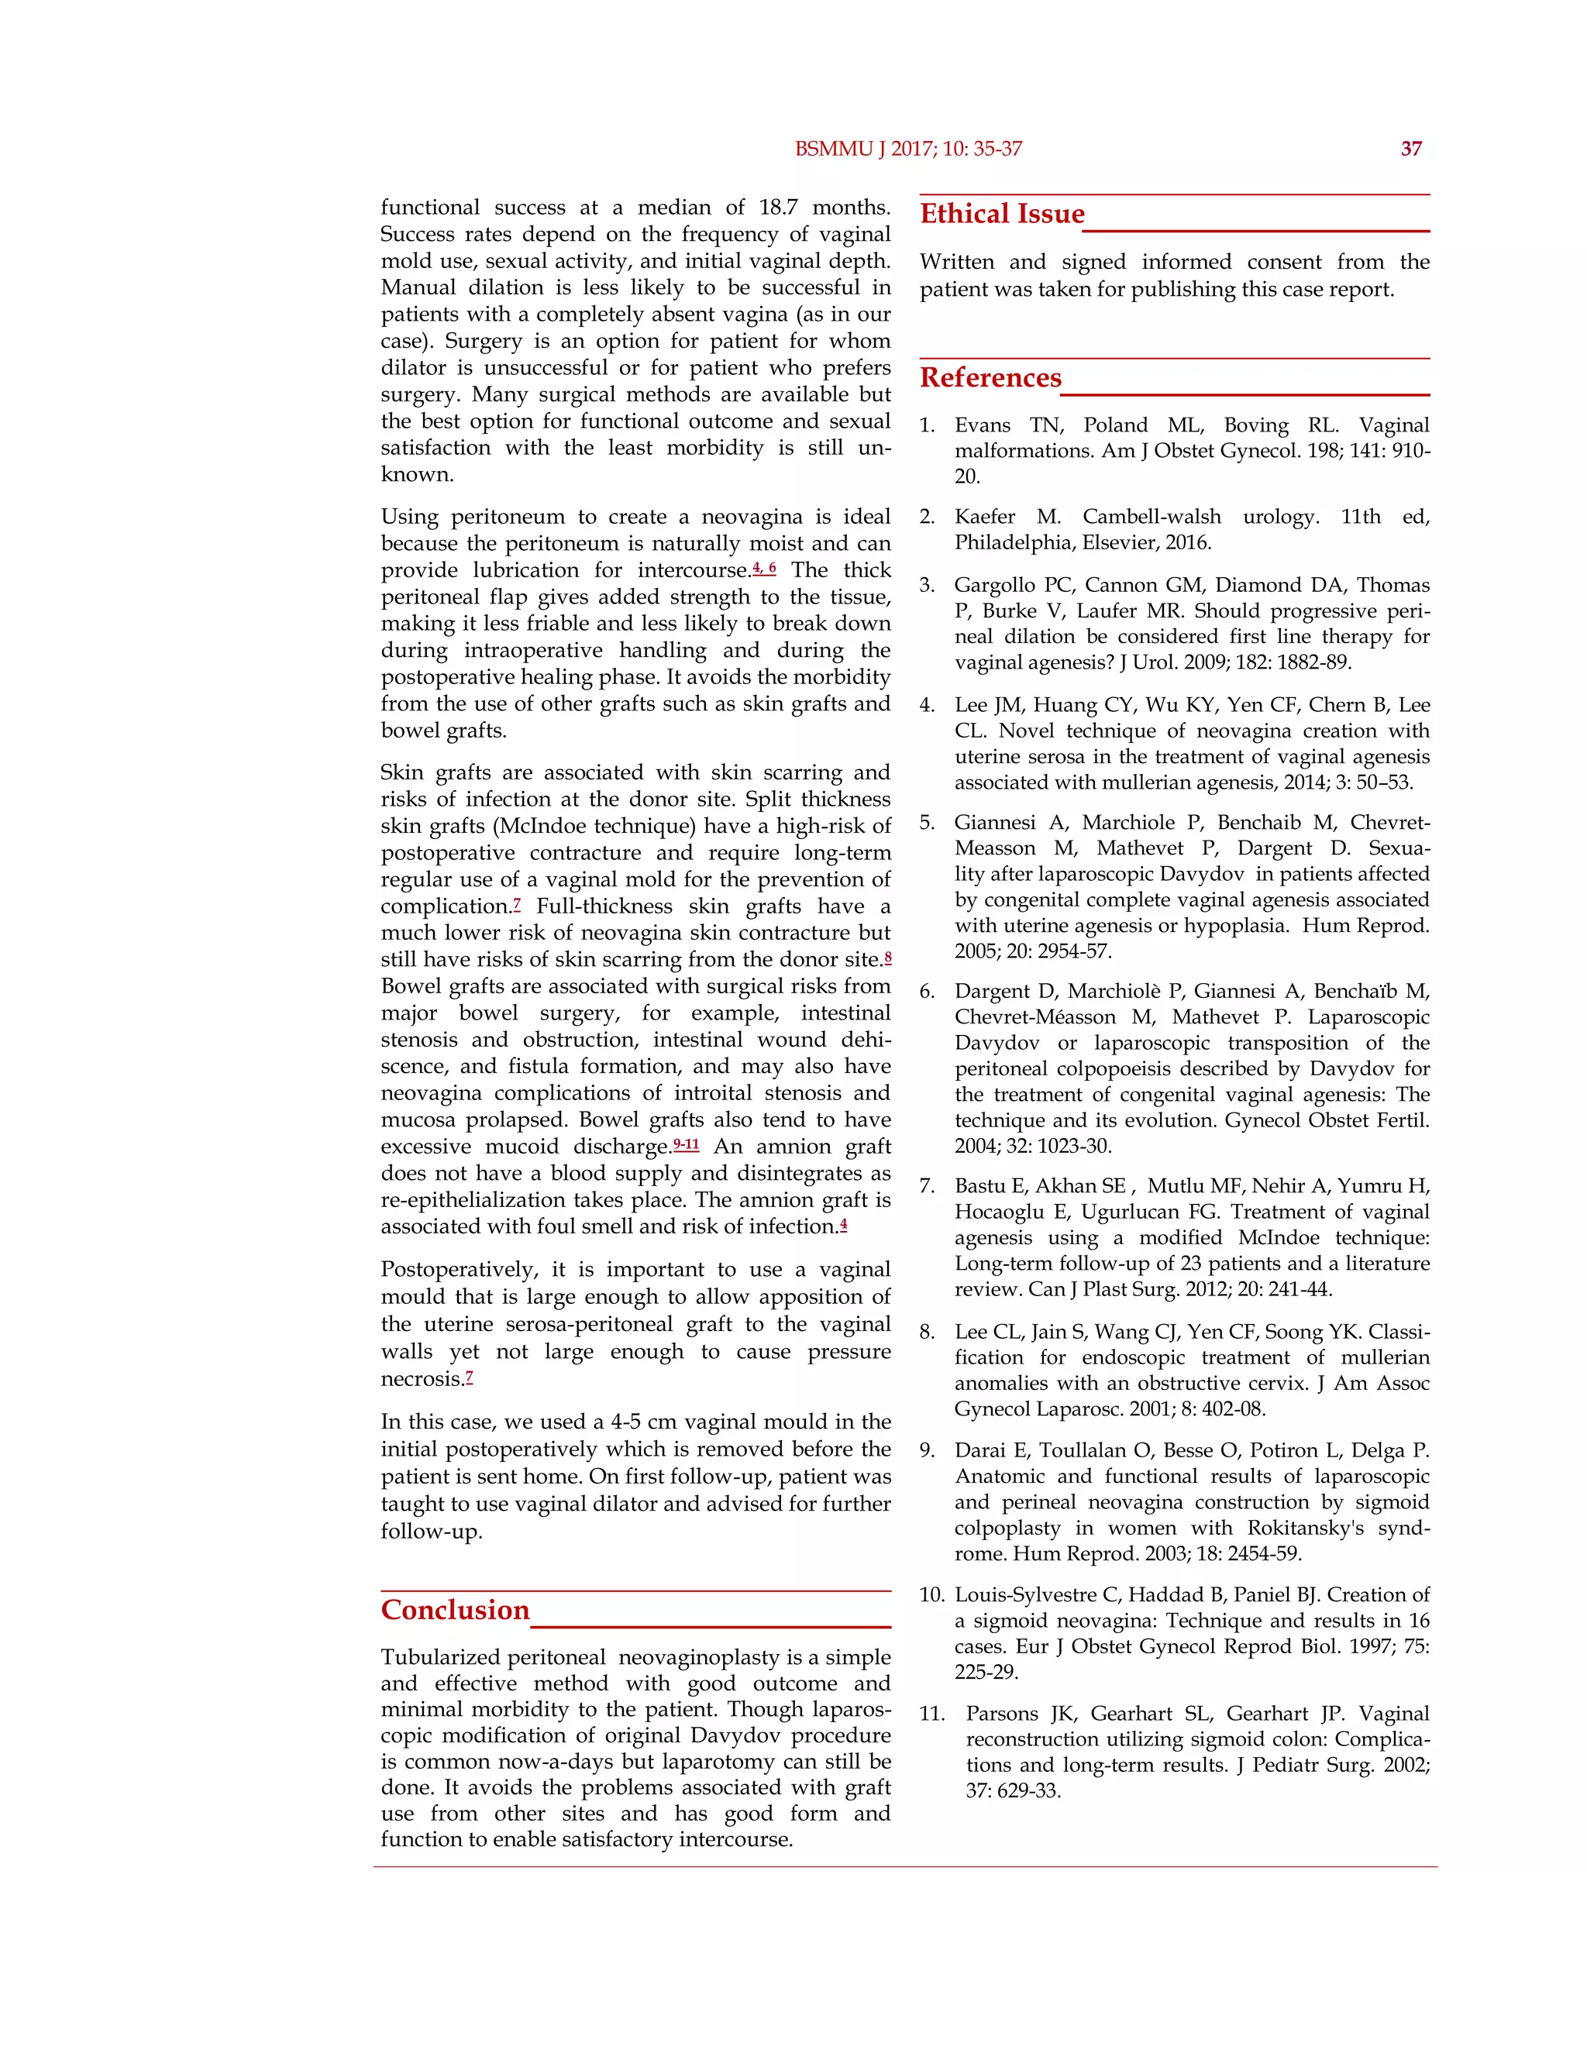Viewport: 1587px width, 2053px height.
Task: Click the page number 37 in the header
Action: [1410, 149]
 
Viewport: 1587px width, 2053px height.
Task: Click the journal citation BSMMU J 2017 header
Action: [907, 149]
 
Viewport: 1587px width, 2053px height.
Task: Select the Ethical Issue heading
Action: [1001, 215]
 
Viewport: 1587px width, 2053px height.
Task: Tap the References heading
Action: [990, 378]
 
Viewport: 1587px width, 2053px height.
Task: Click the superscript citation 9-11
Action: [687, 1145]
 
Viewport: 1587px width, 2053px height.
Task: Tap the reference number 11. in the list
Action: [931, 1714]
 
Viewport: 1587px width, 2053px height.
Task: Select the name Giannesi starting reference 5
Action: [996, 824]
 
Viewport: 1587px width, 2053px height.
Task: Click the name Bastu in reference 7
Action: [979, 1187]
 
